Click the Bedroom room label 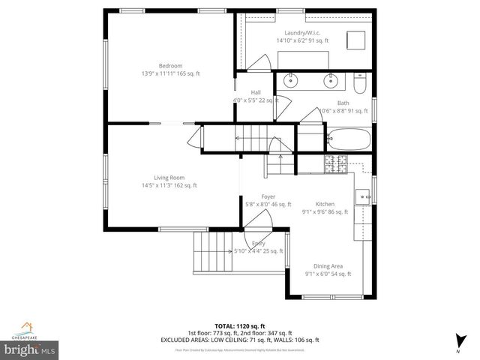tap(170, 66)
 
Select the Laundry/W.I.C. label tap(301, 32)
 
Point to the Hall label tap(244, 91)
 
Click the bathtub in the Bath tap(349, 139)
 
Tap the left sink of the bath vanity tap(290, 80)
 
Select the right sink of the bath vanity tap(330, 80)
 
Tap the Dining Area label tap(328, 266)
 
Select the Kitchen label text tap(325, 203)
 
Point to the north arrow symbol tap(457, 340)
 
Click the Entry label tap(258, 244)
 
